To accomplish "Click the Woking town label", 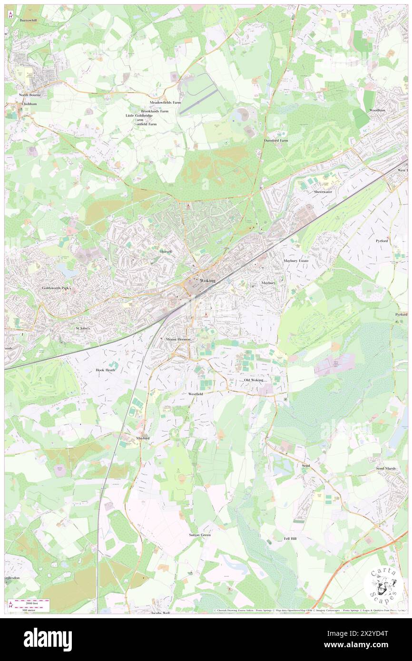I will pyautogui.click(x=207, y=281).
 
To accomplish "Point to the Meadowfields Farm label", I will pyautogui.click(x=166, y=102).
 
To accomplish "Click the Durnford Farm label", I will pyautogui.click(x=276, y=141).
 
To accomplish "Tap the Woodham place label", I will pyautogui.click(x=377, y=110).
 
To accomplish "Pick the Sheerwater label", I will pyautogui.click(x=323, y=192).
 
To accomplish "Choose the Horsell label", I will pyautogui.click(x=166, y=251).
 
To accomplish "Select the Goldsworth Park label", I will pyautogui.click(x=56, y=288).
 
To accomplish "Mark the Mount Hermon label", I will pyautogui.click(x=178, y=339).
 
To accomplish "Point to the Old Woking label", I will pyautogui.click(x=254, y=380).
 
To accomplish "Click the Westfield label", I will pyautogui.click(x=196, y=394).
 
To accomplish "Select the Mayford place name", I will pyautogui.click(x=143, y=438).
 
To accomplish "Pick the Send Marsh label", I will pyautogui.click(x=386, y=468).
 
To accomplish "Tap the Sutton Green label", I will pyautogui.click(x=200, y=535).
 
